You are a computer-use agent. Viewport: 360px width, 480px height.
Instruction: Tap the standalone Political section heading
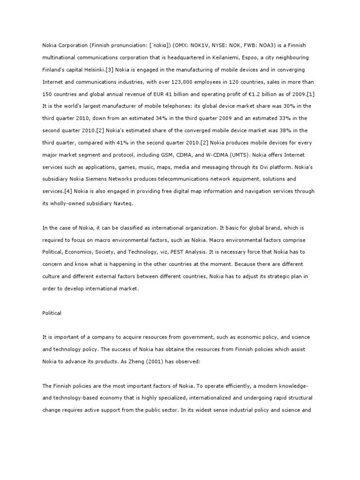tap(52, 313)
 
